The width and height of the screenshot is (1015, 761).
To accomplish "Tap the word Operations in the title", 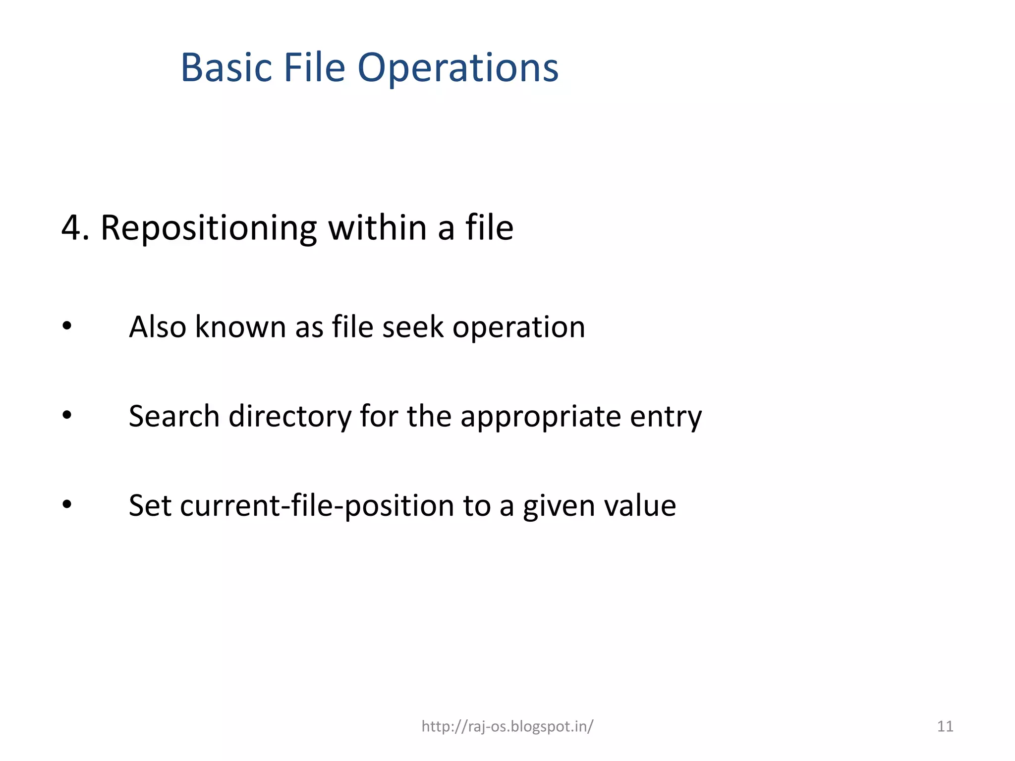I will pyautogui.click(x=458, y=68).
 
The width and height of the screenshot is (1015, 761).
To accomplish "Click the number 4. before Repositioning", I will pyautogui.click(x=75, y=228).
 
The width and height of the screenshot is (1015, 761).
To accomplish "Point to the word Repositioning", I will pyautogui.click(x=209, y=228).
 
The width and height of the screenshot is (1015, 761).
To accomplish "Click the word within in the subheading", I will pyautogui.click(x=377, y=227).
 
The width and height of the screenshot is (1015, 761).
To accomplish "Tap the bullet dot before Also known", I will pyautogui.click(x=67, y=326).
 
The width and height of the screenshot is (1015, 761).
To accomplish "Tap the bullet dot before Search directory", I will pyautogui.click(x=67, y=416).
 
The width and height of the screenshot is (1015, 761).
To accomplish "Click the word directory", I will pyautogui.click(x=289, y=417).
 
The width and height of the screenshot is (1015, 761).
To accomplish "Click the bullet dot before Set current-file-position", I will pyautogui.click(x=67, y=505).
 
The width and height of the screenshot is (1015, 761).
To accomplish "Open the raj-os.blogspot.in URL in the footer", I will pyautogui.click(x=507, y=726).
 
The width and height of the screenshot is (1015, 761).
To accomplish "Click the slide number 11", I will pyautogui.click(x=945, y=726).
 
